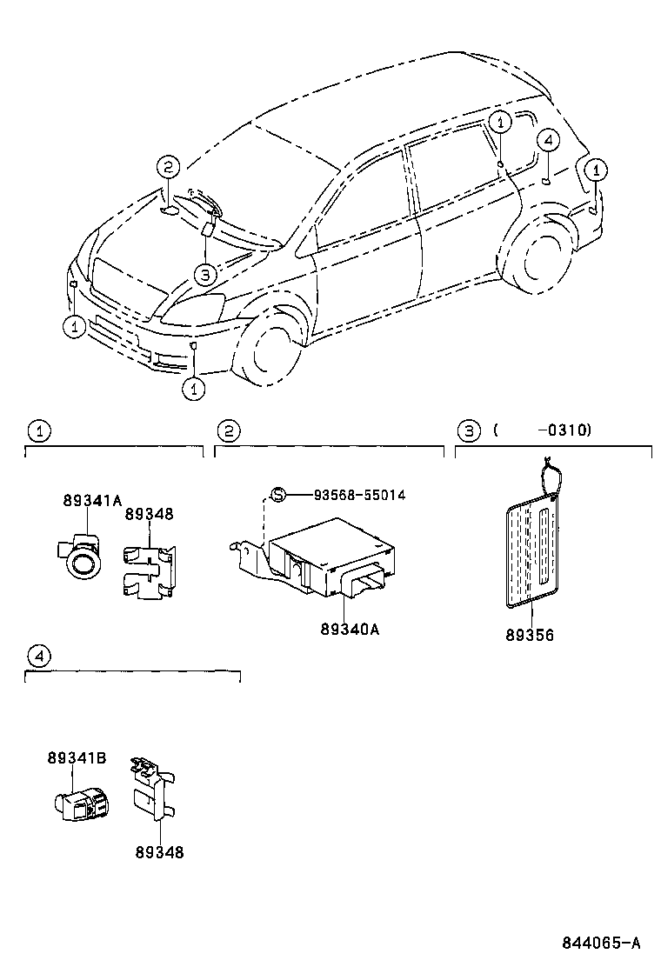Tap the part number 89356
tap(529, 635)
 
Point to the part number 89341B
tap(77, 758)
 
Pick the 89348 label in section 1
tap(149, 514)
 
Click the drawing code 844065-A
tap(600, 942)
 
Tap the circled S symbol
tap(277, 495)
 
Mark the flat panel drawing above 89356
tap(529, 548)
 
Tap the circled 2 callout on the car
tap(168, 168)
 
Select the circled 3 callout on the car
tap(203, 275)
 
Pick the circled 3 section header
tap(468, 430)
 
